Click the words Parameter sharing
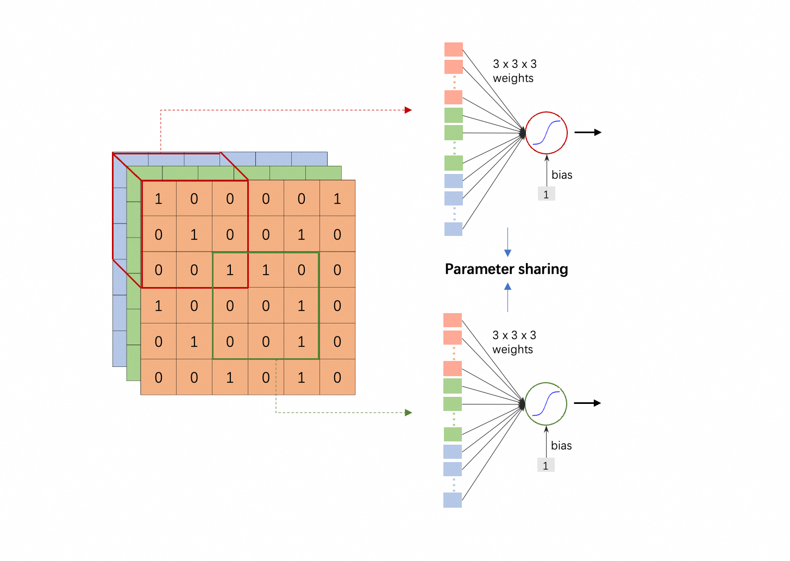(506, 269)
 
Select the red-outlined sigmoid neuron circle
(546, 133)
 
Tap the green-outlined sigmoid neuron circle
(546, 404)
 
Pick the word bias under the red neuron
(562, 175)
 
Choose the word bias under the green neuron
(561, 446)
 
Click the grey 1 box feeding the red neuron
(546, 194)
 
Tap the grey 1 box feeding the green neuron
(546, 465)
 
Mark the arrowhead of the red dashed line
(409, 110)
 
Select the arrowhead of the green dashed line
(409, 413)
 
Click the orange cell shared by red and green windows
(230, 270)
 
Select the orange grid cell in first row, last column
(337, 198)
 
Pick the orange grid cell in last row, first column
(158, 377)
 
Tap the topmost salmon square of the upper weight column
(454, 49)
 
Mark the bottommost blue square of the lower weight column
(453, 500)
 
